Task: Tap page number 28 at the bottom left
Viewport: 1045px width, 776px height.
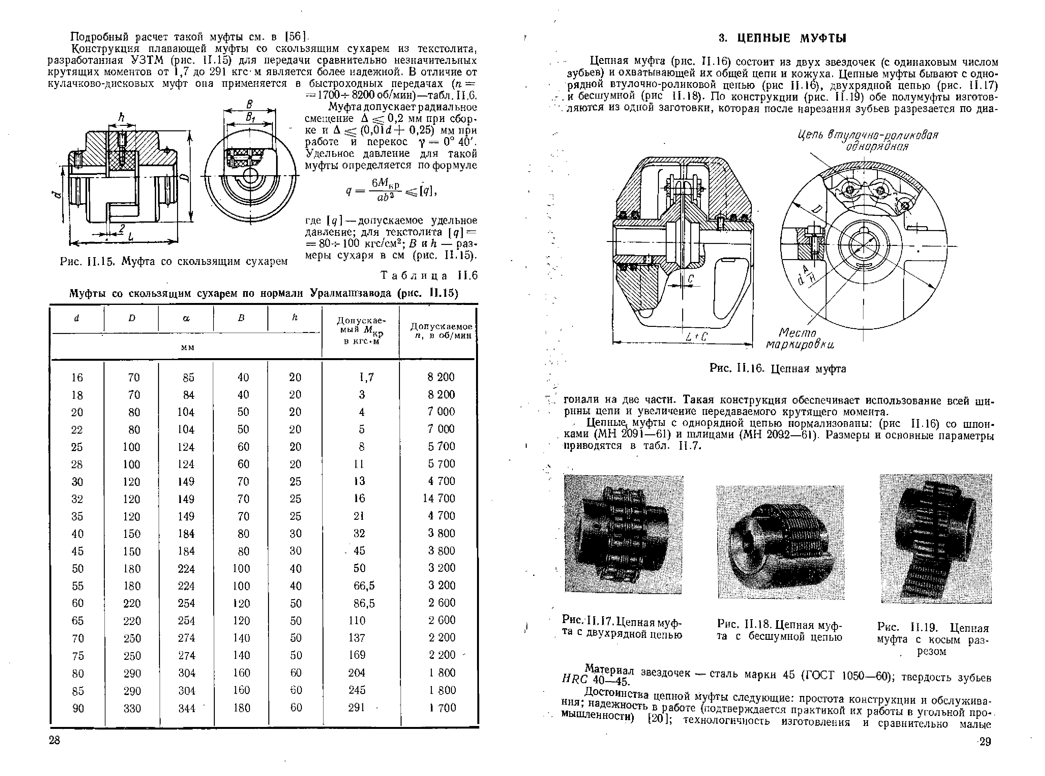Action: [55, 741]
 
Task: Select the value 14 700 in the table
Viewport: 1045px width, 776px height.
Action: [439, 499]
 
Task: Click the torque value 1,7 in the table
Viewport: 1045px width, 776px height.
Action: [366, 377]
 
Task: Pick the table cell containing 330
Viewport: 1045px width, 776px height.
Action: [132, 708]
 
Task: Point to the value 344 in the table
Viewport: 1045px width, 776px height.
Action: [186, 708]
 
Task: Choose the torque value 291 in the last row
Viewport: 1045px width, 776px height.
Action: [357, 707]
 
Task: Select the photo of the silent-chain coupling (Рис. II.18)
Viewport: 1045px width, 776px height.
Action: [780, 542]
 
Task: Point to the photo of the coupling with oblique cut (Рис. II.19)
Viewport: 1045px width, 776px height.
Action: [936, 538]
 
